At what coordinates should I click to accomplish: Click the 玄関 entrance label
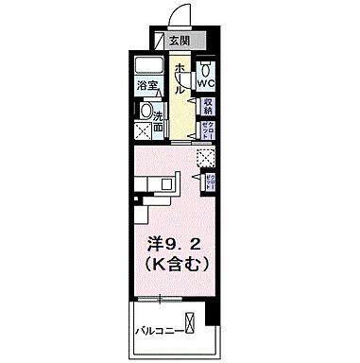[180, 41]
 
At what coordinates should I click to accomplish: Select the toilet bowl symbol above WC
[208, 70]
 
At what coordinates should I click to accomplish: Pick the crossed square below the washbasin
[145, 130]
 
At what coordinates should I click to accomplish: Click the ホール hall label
[180, 79]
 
